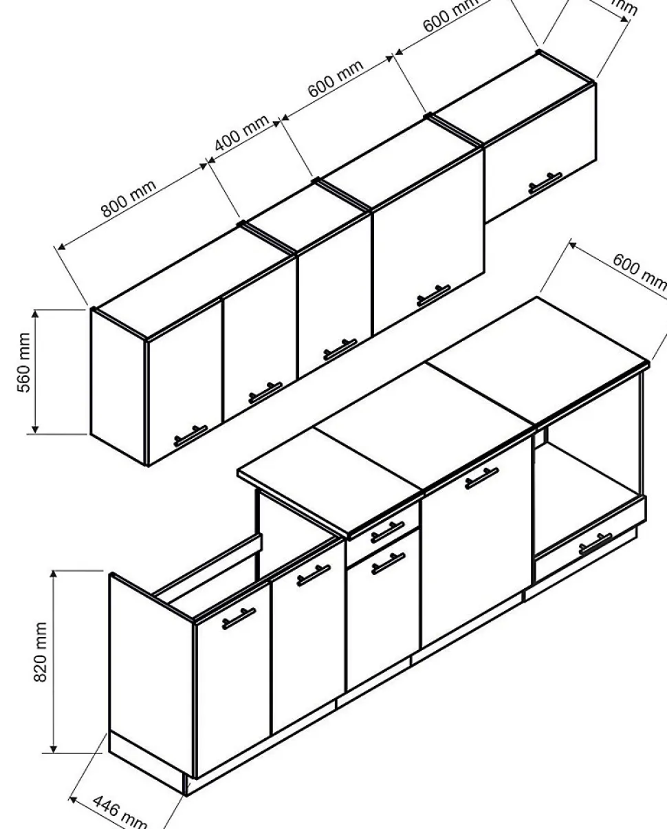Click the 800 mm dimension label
(x=129, y=198)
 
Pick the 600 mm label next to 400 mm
(x=335, y=78)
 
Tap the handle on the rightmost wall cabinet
(x=545, y=183)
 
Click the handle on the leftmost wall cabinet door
(x=190, y=436)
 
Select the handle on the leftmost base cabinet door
(x=239, y=618)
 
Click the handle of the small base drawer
(x=387, y=531)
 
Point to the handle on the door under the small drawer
(x=389, y=563)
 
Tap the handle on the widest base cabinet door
(x=481, y=477)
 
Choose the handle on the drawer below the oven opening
(x=595, y=543)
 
